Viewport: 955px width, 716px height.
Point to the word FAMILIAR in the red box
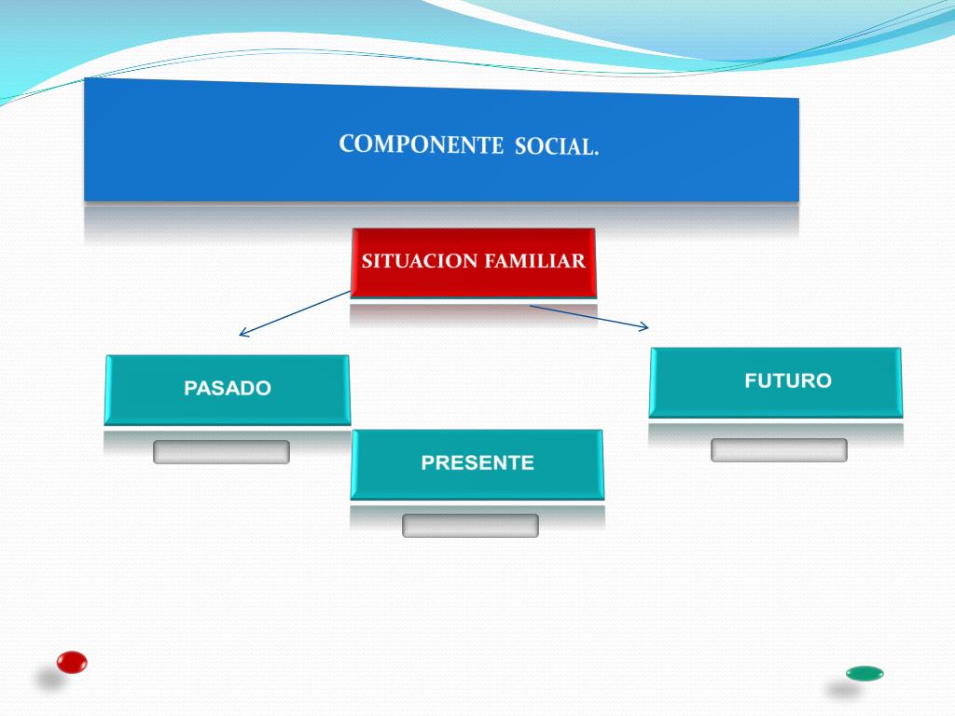(x=534, y=261)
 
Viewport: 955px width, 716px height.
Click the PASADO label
(x=228, y=389)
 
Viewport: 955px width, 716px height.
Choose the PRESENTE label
(x=477, y=462)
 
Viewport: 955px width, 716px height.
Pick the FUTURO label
(x=788, y=380)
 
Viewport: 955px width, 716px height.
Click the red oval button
(x=72, y=662)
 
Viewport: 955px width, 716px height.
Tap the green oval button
(x=865, y=673)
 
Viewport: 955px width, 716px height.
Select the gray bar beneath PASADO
(x=221, y=452)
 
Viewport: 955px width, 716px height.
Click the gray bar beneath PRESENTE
(x=470, y=526)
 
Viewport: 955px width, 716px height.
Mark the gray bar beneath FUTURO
(x=779, y=450)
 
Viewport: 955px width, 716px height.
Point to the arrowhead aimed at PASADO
(x=242, y=333)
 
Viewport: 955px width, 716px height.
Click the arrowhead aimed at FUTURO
(x=644, y=326)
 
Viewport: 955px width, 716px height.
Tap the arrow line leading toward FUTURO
(x=588, y=316)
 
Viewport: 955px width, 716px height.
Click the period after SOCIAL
(x=595, y=152)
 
